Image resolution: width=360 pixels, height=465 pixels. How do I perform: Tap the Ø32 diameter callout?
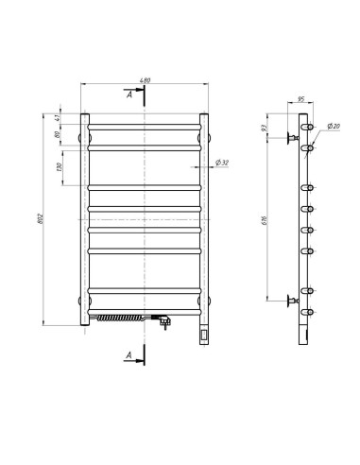pyautogui.click(x=223, y=163)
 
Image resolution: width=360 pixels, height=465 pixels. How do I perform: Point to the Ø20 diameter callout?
pyautogui.click(x=334, y=126)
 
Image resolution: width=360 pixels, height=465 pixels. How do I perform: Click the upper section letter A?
pyautogui.click(x=129, y=95)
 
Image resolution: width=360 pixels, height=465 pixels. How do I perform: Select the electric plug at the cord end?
pyautogui.click(x=166, y=322)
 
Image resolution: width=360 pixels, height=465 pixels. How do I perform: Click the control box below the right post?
pyautogui.click(x=203, y=333)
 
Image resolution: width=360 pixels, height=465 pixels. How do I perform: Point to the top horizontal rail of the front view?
pyautogui.click(x=144, y=125)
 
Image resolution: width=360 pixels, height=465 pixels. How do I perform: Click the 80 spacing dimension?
pyautogui.click(x=59, y=135)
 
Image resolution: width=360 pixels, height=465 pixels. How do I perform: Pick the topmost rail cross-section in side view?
pyautogui.click(x=308, y=125)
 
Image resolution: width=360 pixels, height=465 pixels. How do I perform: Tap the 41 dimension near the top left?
pyautogui.click(x=59, y=118)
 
